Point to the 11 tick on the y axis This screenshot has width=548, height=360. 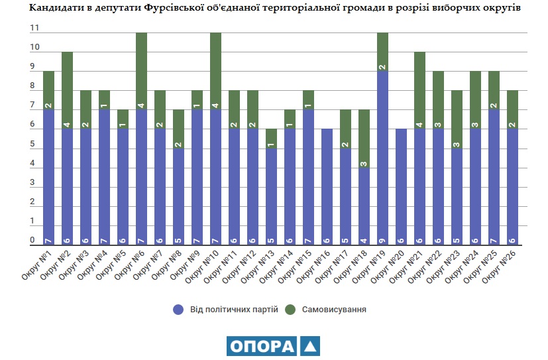tap(34, 29)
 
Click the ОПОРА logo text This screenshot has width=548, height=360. tap(261, 346)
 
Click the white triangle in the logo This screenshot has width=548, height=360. tap(309, 346)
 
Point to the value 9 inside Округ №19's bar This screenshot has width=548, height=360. tap(383, 240)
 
